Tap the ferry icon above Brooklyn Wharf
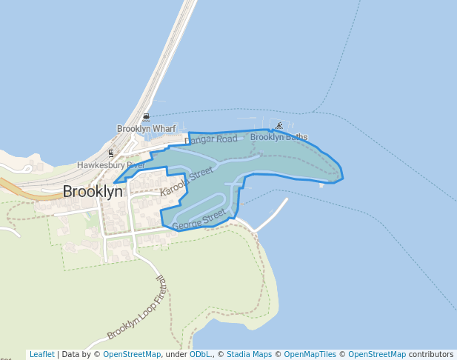pos(147,117)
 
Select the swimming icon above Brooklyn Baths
pos(279,126)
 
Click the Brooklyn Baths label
pos(278,137)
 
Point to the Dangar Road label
pos(211,139)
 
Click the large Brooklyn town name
pos(93,191)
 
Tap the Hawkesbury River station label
pos(110,165)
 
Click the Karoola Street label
pos(186,182)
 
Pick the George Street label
pos(199,219)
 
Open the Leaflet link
pos(41,354)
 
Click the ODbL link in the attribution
pos(200,354)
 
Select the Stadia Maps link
pos(249,354)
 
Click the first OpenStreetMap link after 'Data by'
pos(132,354)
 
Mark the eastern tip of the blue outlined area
pos(343,178)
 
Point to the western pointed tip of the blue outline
pos(114,182)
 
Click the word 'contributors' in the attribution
pos(431,354)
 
